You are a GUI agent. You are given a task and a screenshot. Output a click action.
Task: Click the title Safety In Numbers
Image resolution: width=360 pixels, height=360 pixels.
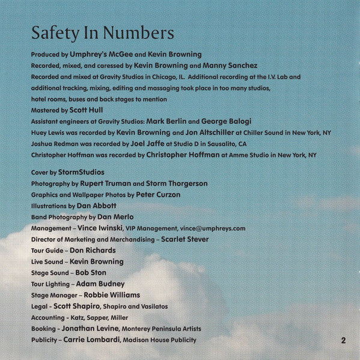[103, 31]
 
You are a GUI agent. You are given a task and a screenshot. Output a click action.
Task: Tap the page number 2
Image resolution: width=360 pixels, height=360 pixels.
[343, 340]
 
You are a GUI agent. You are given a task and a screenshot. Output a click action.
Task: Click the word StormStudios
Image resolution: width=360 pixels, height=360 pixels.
[81, 172]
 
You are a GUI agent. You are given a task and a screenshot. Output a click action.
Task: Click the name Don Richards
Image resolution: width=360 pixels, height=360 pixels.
[93, 251]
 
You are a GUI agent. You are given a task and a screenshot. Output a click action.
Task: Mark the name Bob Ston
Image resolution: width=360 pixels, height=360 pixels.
[91, 273]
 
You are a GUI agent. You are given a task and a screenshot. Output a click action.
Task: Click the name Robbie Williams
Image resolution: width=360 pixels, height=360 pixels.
[112, 295]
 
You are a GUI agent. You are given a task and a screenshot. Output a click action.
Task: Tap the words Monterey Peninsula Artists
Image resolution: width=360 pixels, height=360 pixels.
[161, 329]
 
